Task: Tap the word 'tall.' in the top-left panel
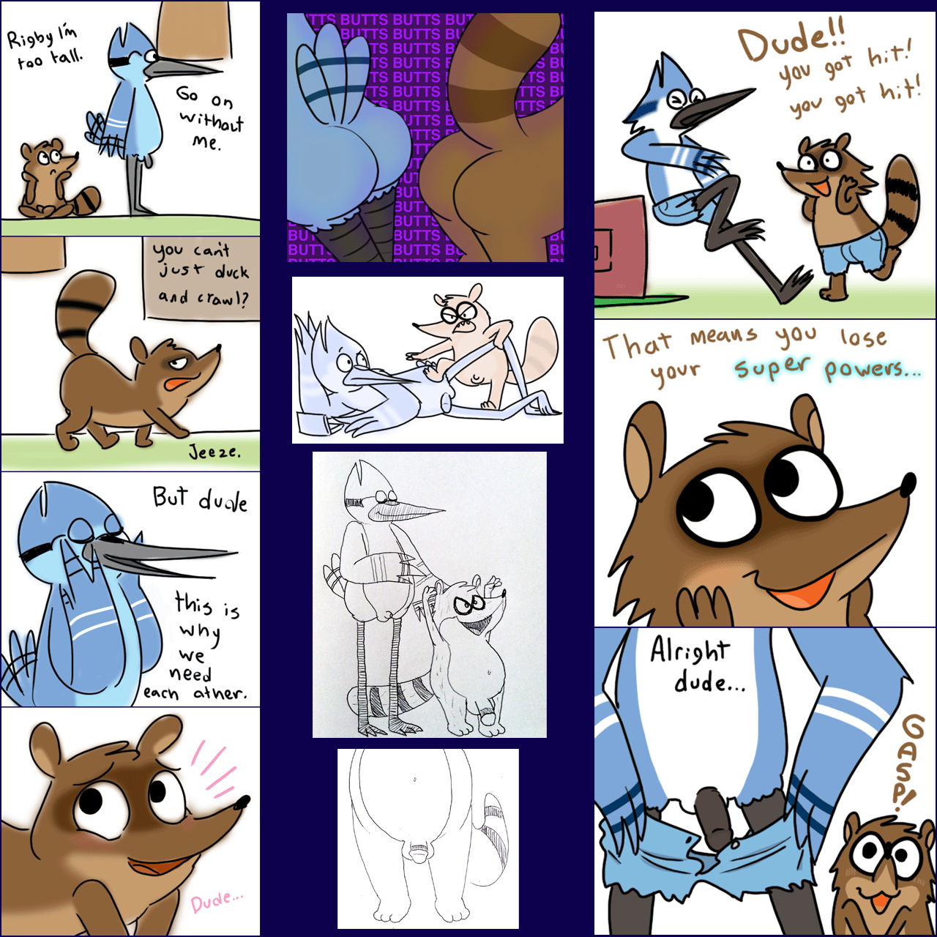click(x=67, y=57)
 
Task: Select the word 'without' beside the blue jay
click(x=212, y=121)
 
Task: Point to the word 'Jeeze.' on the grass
click(x=214, y=452)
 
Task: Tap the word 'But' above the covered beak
click(x=170, y=498)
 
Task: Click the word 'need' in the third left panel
click(x=190, y=674)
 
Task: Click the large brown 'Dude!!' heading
click(x=791, y=45)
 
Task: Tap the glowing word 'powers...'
click(x=873, y=370)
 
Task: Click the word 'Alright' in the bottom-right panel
click(x=690, y=651)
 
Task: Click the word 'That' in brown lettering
click(x=637, y=344)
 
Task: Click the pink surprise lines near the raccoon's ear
click(x=214, y=769)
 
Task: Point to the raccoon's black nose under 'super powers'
click(x=907, y=485)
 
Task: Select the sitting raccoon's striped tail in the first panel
click(x=87, y=200)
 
